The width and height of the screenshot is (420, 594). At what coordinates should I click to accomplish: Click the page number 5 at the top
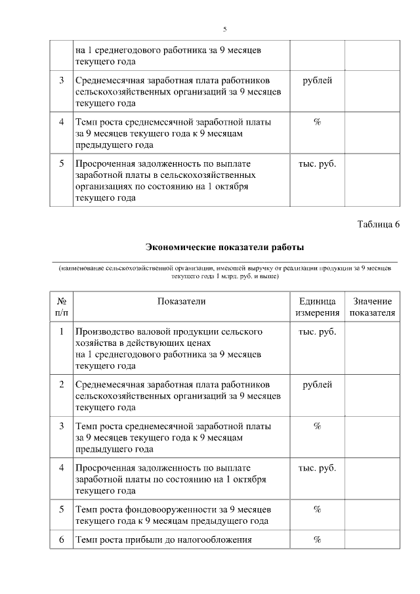(x=224, y=30)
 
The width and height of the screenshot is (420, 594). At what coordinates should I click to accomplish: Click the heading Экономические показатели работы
(x=224, y=247)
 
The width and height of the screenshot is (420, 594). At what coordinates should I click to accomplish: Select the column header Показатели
(x=181, y=301)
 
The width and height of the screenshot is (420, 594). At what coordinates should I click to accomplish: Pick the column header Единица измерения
(x=317, y=307)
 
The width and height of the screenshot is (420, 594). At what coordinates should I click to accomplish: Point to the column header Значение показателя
(x=372, y=307)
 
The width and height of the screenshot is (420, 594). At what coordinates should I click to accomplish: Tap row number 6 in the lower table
(x=61, y=540)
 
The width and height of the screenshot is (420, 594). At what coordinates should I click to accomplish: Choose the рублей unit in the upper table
(x=317, y=80)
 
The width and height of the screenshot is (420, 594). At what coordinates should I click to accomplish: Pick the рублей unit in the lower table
(x=317, y=384)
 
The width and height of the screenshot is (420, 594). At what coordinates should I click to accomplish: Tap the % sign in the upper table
(x=317, y=122)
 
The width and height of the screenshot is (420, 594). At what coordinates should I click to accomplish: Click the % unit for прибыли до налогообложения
(x=317, y=540)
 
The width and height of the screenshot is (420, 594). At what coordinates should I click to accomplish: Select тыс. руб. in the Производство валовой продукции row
(x=317, y=331)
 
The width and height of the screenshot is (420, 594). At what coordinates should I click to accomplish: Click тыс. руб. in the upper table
(x=317, y=163)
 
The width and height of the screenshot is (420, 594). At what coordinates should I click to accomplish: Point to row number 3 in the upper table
(x=61, y=80)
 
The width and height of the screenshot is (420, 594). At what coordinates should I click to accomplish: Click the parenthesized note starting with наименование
(x=224, y=272)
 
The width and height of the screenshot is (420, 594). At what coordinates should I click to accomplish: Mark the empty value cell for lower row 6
(x=372, y=540)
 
